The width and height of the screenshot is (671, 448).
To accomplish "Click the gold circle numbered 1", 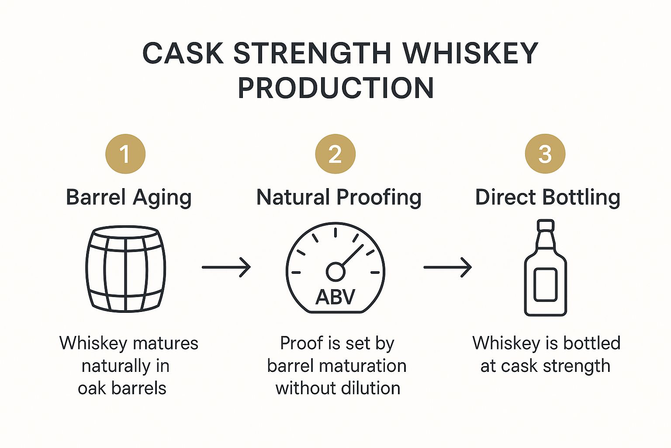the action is tap(125, 154).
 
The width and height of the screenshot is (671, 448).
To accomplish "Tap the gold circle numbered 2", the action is tap(335, 154).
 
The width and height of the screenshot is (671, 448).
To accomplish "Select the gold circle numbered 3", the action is tap(545, 154).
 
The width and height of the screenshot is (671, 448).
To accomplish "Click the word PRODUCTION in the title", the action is tap(336, 88).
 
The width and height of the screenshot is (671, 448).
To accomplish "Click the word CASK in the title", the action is tap(183, 53).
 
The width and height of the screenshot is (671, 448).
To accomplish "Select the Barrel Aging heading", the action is tap(128, 198).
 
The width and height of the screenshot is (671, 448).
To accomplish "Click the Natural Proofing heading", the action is tap(339, 198).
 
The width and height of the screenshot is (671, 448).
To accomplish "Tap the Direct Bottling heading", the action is tap(547, 198).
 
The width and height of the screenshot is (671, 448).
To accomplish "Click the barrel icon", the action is tap(126, 269).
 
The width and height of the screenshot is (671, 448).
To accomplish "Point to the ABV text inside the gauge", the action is tap(335, 297).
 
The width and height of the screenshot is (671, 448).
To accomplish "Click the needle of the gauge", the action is tap(352, 255).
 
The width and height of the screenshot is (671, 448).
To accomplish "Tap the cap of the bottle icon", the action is tap(546, 225).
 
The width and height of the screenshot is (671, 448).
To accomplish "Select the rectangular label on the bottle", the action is tap(546, 284).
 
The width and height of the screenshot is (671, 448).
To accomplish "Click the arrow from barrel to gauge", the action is tap(226, 267).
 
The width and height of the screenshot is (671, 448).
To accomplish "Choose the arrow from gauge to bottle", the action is tap(447, 267).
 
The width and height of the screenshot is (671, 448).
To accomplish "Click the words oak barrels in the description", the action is tap(122, 388).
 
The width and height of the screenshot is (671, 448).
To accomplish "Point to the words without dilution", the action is tap(338, 388).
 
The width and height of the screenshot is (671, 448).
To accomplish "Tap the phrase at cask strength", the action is tap(545, 366).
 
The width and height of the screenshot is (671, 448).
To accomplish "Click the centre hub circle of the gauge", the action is tap(335, 272).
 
